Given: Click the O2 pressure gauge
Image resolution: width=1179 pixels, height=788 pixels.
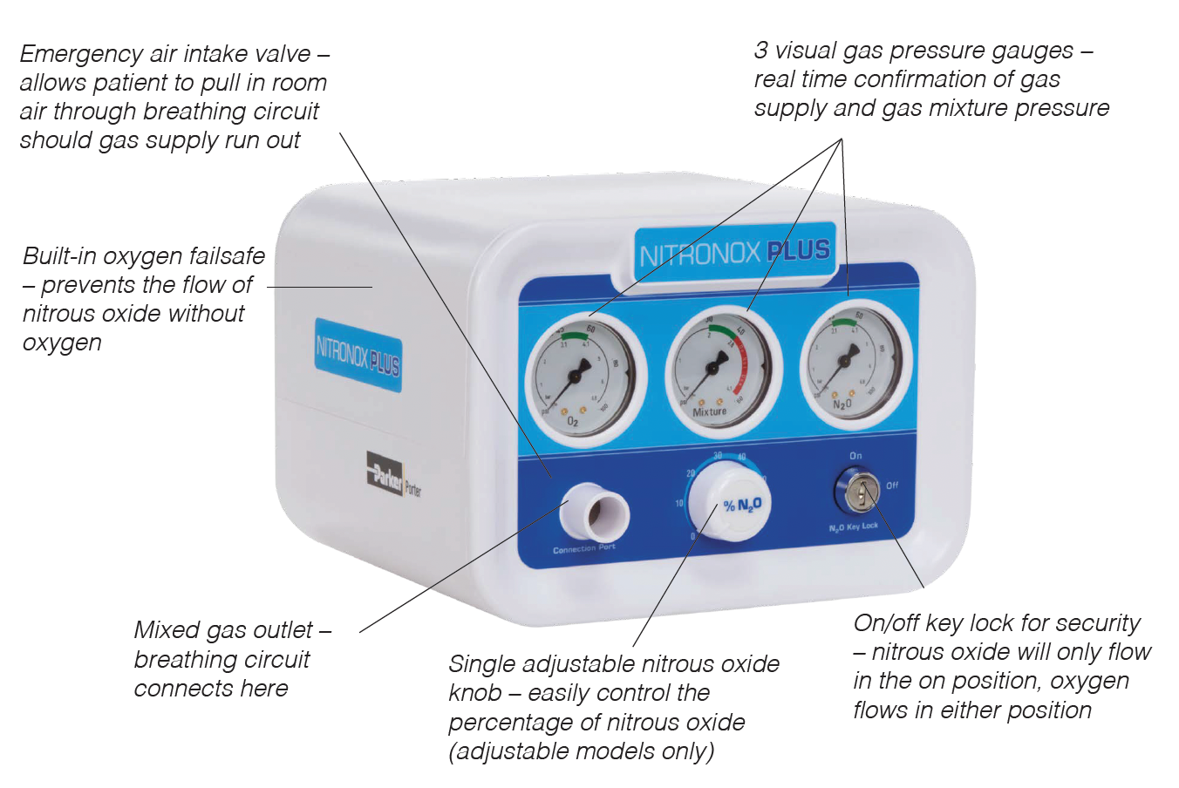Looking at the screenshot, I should pyautogui.click(x=575, y=375).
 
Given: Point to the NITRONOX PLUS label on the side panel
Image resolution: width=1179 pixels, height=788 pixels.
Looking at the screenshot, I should pyautogui.click(x=358, y=353).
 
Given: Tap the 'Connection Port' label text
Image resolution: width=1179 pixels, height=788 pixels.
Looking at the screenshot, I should pyautogui.click(x=584, y=549).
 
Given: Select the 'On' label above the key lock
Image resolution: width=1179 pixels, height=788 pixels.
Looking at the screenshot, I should pyautogui.click(x=855, y=456).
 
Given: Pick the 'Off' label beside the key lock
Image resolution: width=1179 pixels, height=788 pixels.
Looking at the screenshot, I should pyautogui.click(x=892, y=486).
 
